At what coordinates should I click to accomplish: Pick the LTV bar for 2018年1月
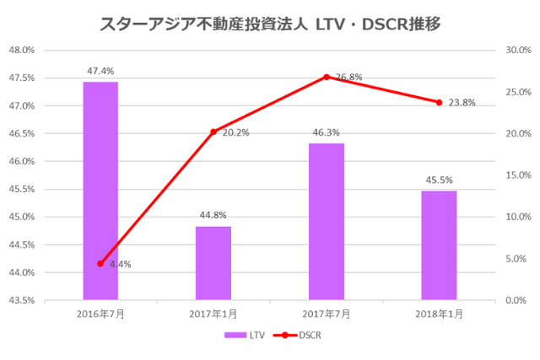click(439, 244)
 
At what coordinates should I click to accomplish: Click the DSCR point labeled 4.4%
click(100, 263)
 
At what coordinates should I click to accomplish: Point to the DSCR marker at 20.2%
click(213, 132)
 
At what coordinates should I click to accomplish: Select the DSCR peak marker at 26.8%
click(326, 77)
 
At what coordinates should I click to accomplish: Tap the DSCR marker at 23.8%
click(439, 102)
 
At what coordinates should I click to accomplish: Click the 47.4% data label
click(100, 72)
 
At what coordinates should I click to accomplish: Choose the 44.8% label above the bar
click(213, 216)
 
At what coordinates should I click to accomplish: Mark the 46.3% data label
click(326, 133)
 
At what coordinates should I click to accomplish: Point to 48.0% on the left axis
click(21, 51)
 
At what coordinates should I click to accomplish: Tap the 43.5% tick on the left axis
click(21, 300)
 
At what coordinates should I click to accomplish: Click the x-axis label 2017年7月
click(326, 314)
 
